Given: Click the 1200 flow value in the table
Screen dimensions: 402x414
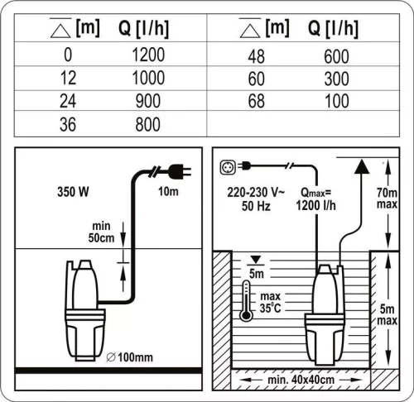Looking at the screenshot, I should coord(149,56).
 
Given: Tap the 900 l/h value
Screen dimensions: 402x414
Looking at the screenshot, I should coord(149,103).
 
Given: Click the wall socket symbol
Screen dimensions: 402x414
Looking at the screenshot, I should coord(227,165).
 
